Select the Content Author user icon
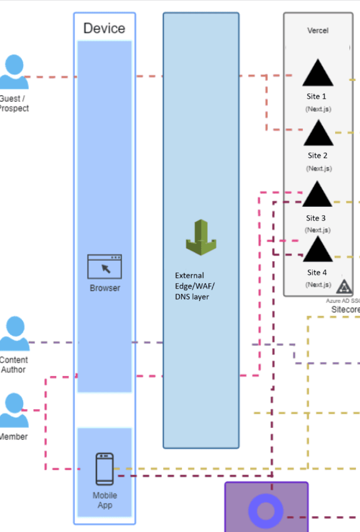[14, 334]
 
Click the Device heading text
[104, 28]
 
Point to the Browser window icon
[105, 267]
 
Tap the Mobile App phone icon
[105, 469]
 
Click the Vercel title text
[317, 30]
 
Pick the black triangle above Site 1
[318, 73]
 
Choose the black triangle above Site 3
[317, 194]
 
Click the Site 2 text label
[317, 155]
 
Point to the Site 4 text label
[317, 273]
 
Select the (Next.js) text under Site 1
[318, 109]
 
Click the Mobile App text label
[105, 500]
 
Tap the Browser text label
[105, 288]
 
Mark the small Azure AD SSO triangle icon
[345, 287]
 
